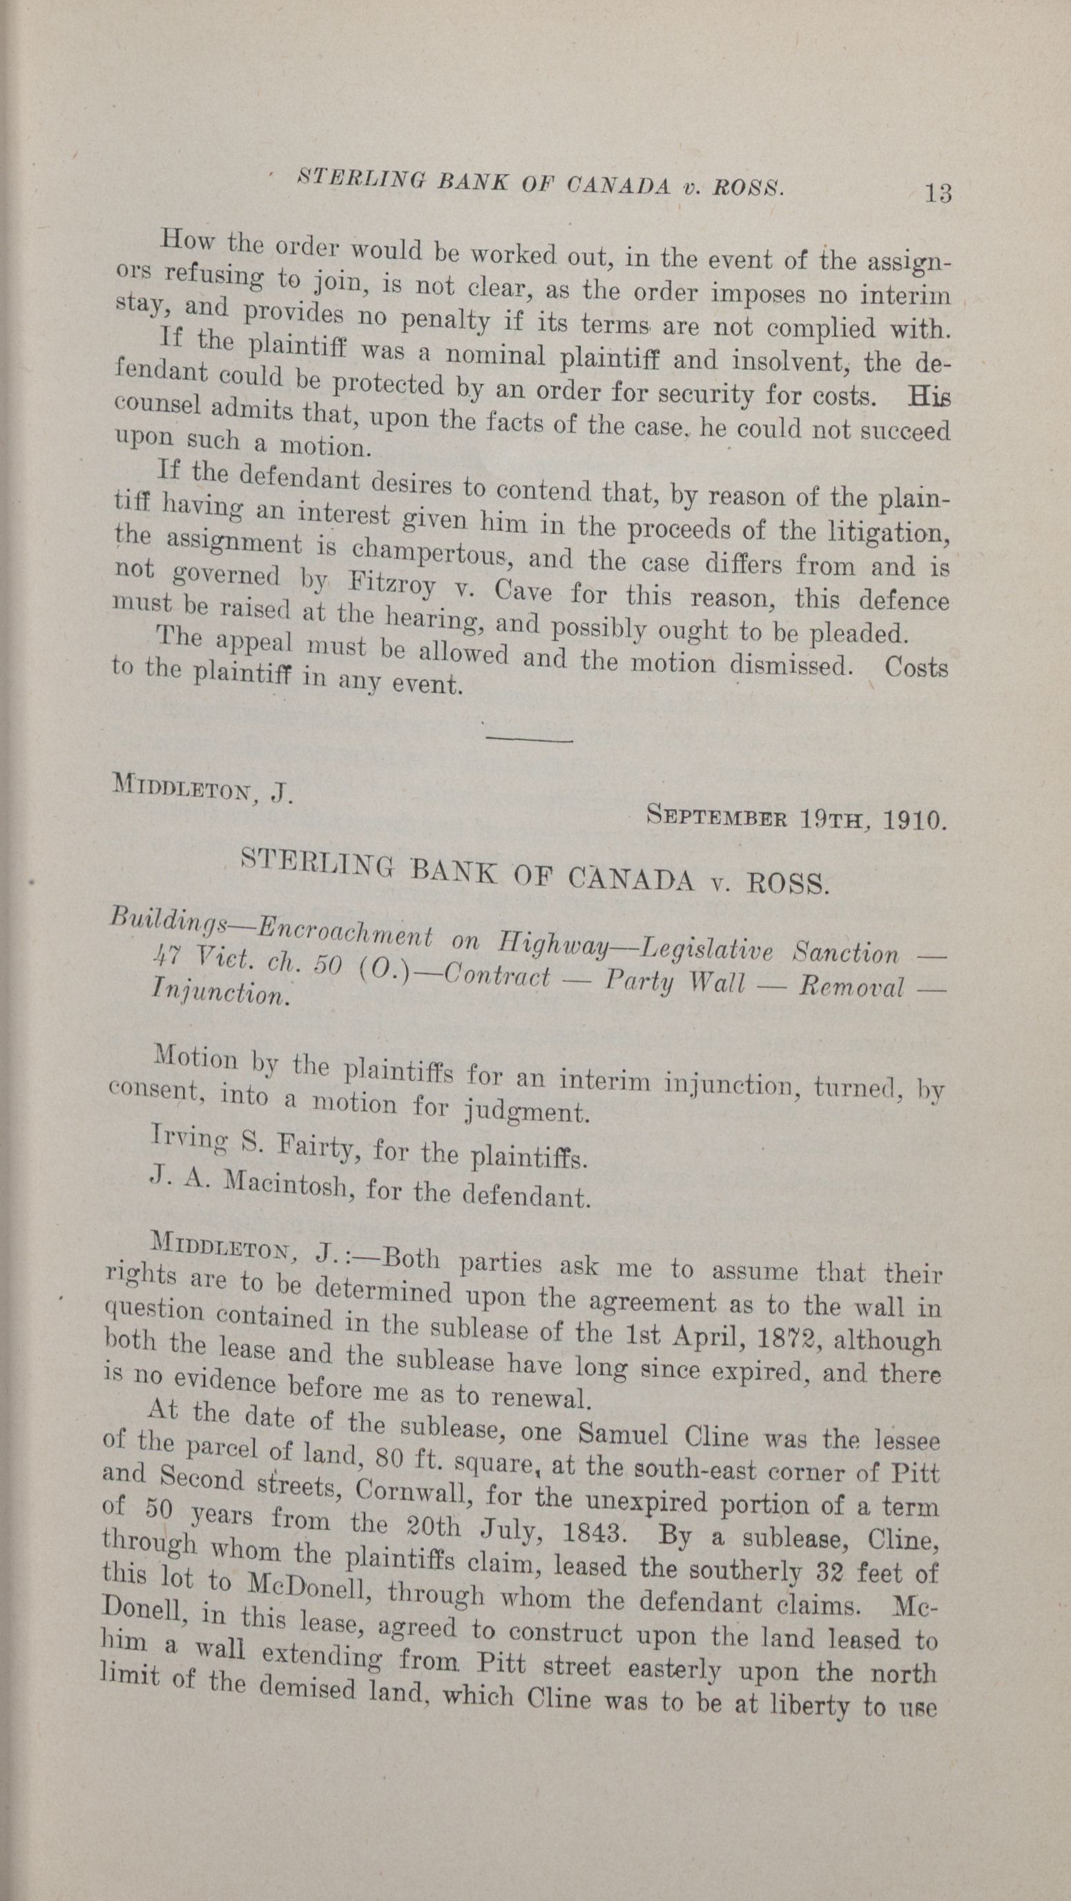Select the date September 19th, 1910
795,818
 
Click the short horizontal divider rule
529,739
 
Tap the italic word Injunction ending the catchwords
218,993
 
